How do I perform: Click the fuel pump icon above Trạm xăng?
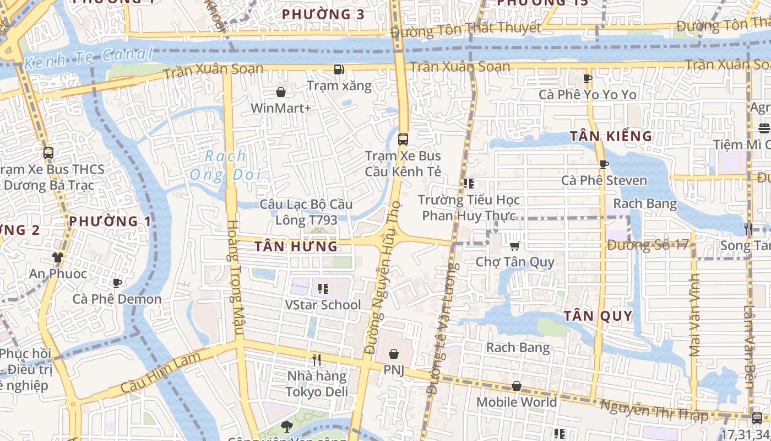click(x=339, y=70)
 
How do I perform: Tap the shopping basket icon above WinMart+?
click(x=281, y=92)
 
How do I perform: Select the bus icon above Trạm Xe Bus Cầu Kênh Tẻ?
click(x=403, y=139)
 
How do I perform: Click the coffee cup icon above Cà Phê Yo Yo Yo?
click(x=588, y=78)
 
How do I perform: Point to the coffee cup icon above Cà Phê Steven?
click(x=604, y=164)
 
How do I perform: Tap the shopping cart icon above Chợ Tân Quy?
click(x=515, y=246)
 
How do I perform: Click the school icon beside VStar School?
click(x=323, y=288)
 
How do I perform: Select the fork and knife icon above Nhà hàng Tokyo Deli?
click(x=317, y=360)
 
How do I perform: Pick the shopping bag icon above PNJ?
click(x=394, y=354)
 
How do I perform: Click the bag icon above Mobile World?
click(x=517, y=386)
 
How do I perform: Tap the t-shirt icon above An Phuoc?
click(x=58, y=257)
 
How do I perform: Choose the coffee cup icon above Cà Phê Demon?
click(x=117, y=283)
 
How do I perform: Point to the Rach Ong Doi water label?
click(x=225, y=165)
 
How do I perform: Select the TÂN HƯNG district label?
click(x=296, y=246)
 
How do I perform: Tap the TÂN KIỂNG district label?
click(x=611, y=136)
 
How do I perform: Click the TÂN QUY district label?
click(x=598, y=316)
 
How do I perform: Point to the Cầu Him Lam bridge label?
click(x=159, y=374)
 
